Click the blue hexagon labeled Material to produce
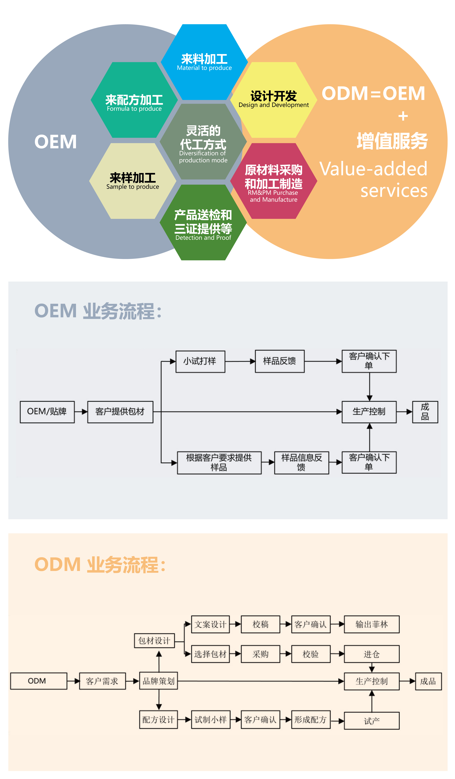[x=204, y=62]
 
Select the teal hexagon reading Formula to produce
[x=134, y=100]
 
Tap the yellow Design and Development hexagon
[x=274, y=100]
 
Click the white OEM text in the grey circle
[x=56, y=142]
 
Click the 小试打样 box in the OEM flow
[x=200, y=361]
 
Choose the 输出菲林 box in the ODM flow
[x=372, y=624]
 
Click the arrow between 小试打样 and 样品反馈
[x=240, y=361]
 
